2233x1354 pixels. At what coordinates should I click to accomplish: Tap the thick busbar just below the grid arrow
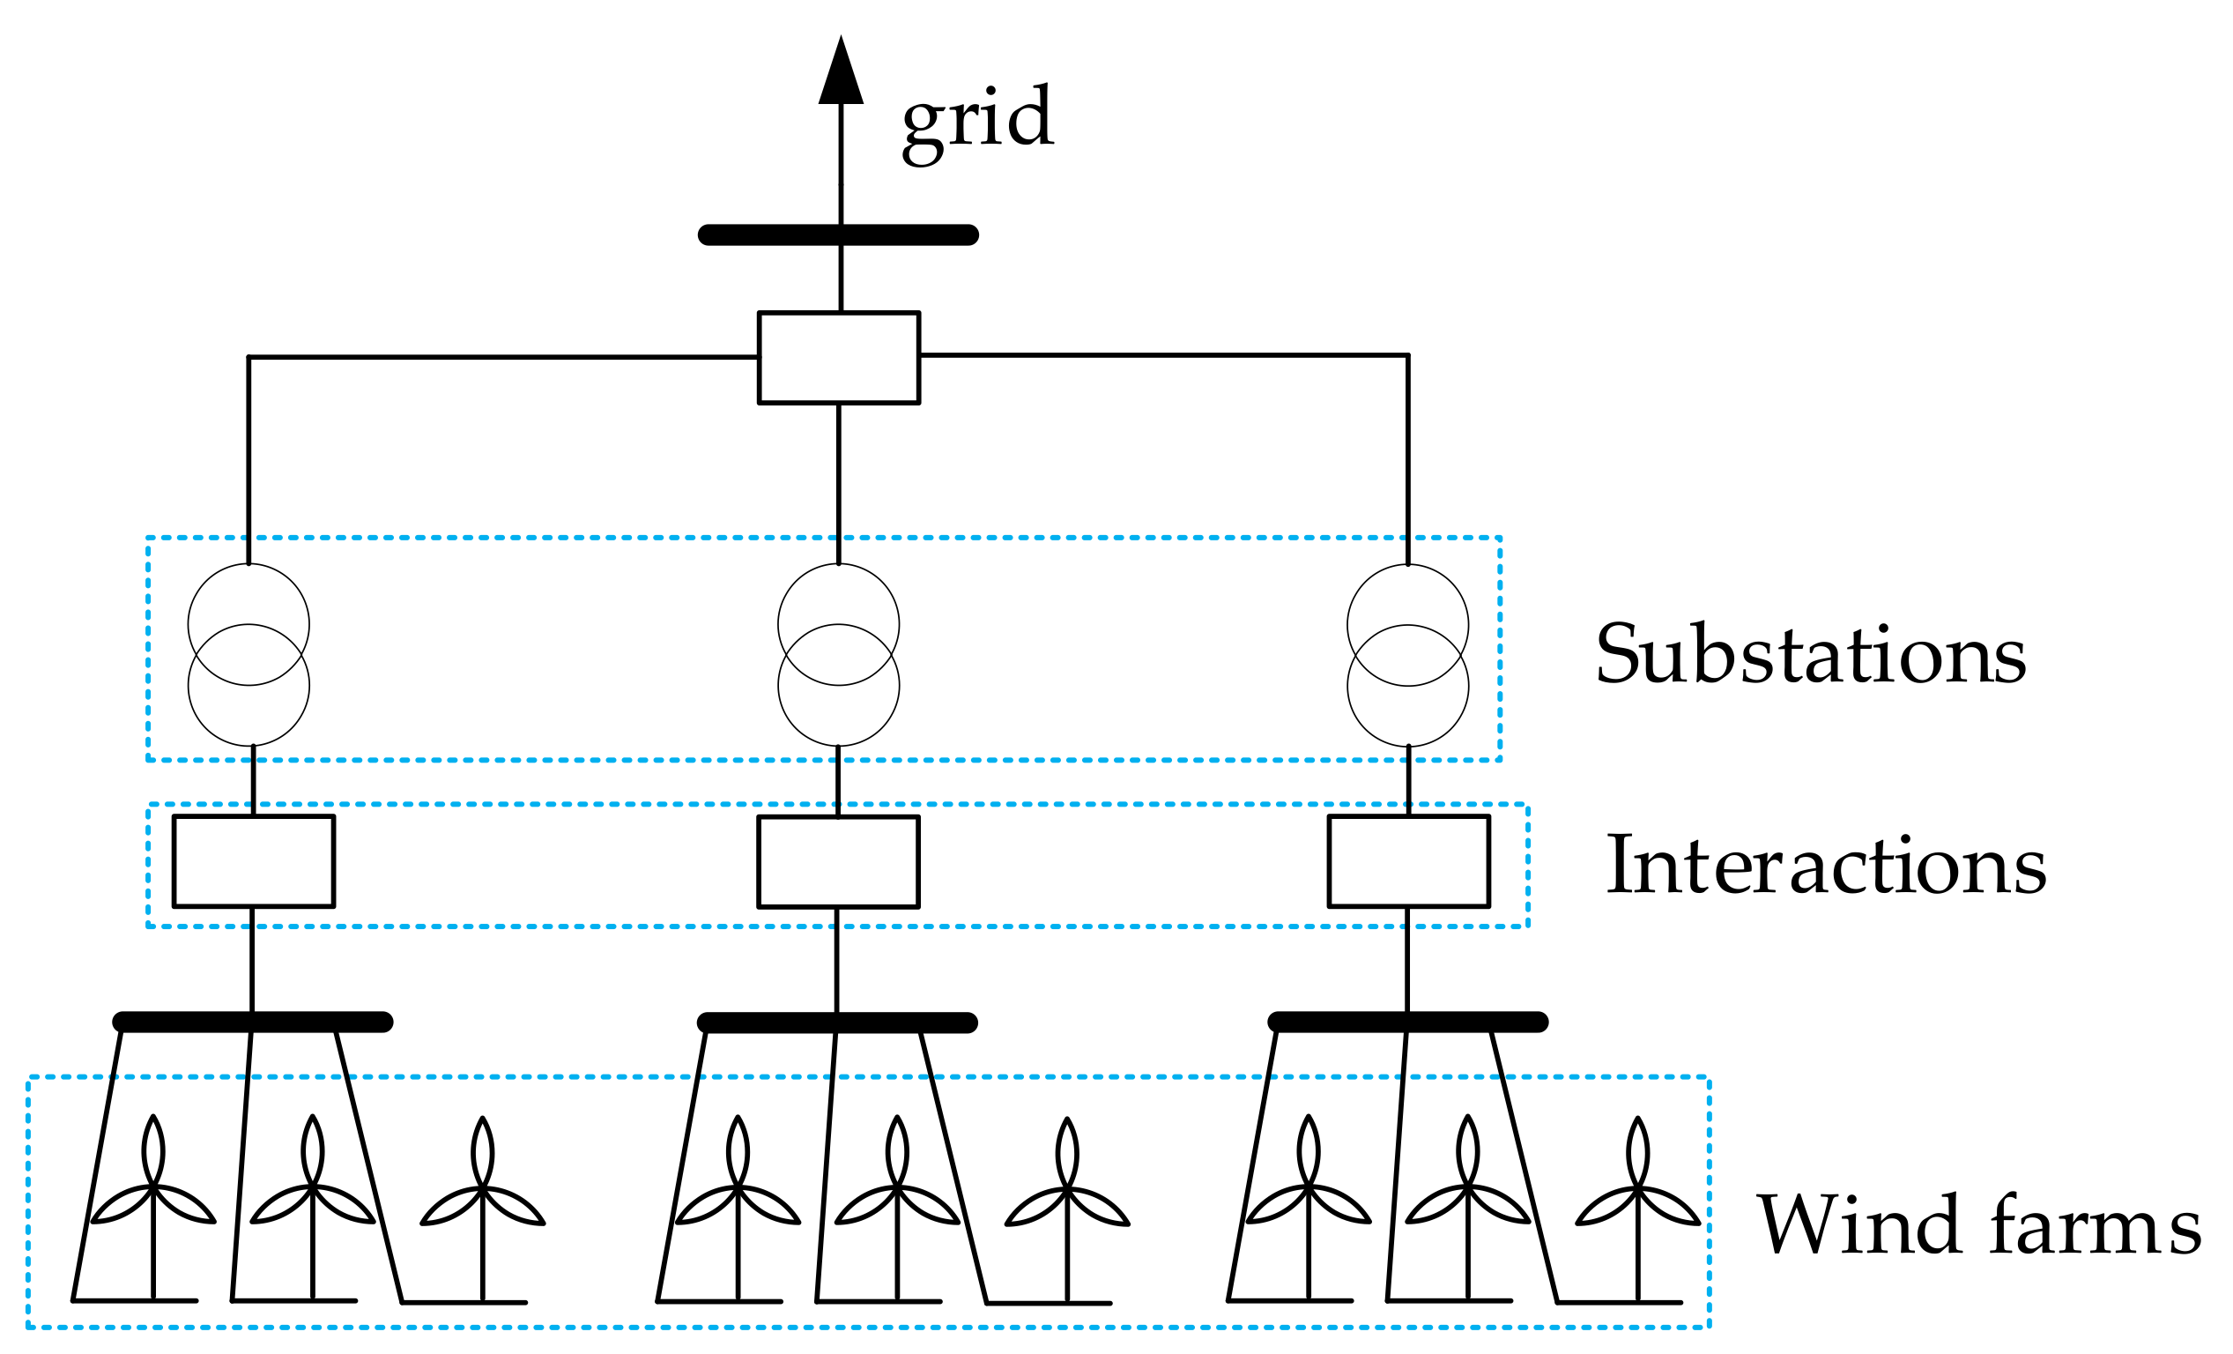coord(837,234)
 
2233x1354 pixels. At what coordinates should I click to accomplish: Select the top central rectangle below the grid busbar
coord(838,357)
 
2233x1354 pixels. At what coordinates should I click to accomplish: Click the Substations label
coord(1811,654)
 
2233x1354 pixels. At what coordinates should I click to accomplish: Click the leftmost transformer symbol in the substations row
coord(249,654)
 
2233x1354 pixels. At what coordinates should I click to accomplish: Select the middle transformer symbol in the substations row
coord(838,654)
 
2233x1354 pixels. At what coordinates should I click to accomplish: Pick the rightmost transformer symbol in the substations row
coord(1407,654)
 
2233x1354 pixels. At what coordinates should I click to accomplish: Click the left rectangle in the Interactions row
coord(253,861)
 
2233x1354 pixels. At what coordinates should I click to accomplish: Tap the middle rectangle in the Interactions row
coord(837,862)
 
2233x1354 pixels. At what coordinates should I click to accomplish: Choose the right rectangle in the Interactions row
coord(1408,861)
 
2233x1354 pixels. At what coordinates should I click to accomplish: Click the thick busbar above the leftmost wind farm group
coord(252,1023)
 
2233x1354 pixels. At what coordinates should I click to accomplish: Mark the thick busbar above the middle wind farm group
coord(836,1023)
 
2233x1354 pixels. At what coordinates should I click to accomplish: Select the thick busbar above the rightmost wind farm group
coord(1407,1023)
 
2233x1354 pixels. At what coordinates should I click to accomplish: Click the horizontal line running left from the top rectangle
coord(503,357)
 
